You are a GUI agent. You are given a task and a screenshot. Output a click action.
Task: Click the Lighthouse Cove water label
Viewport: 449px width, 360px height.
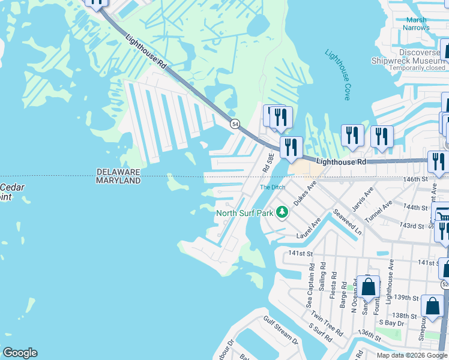[x=337, y=74]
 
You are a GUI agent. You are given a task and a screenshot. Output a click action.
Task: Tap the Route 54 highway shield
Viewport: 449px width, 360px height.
[x=234, y=123]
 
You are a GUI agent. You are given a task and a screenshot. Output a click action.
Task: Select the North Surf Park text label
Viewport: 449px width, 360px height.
[x=245, y=212]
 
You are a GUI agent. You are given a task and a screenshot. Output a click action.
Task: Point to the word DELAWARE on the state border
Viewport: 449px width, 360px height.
[x=118, y=172]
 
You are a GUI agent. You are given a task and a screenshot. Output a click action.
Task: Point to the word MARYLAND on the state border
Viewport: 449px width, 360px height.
[x=118, y=181]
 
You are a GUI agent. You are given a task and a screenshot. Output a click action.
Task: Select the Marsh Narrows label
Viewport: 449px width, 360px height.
[x=415, y=23]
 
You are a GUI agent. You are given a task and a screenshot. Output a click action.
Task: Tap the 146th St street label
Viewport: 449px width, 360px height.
[x=417, y=179]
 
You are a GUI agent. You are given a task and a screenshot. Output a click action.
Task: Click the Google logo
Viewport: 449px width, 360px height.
[x=19, y=353]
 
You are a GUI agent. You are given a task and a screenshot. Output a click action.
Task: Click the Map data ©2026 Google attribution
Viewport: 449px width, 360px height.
[x=411, y=355]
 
